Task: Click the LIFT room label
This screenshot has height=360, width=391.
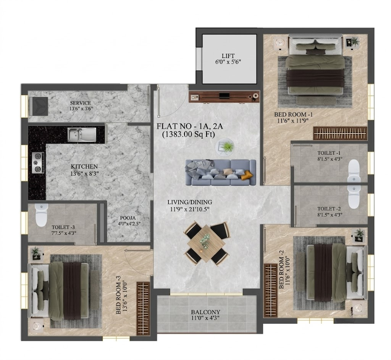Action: [228, 56]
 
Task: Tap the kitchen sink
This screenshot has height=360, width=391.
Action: [82, 135]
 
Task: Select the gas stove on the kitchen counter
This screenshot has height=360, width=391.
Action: [38, 163]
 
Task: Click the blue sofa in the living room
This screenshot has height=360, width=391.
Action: [221, 172]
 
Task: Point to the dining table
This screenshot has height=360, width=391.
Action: [206, 243]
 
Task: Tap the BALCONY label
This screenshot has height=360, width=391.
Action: [205, 312]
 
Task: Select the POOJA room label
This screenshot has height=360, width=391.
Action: [128, 218]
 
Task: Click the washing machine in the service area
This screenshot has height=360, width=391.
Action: [39, 106]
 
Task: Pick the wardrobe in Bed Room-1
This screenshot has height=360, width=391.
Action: [340, 133]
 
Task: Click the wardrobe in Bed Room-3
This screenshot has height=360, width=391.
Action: [143, 308]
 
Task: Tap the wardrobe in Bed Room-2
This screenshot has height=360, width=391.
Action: [271, 291]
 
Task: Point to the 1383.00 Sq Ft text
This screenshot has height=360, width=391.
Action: [189, 135]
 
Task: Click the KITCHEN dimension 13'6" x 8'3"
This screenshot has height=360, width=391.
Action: [84, 174]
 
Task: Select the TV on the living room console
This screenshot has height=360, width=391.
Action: [224, 96]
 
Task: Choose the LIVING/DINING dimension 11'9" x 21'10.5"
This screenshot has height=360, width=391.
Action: [189, 210]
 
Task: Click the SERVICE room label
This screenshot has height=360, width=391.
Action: [80, 103]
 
